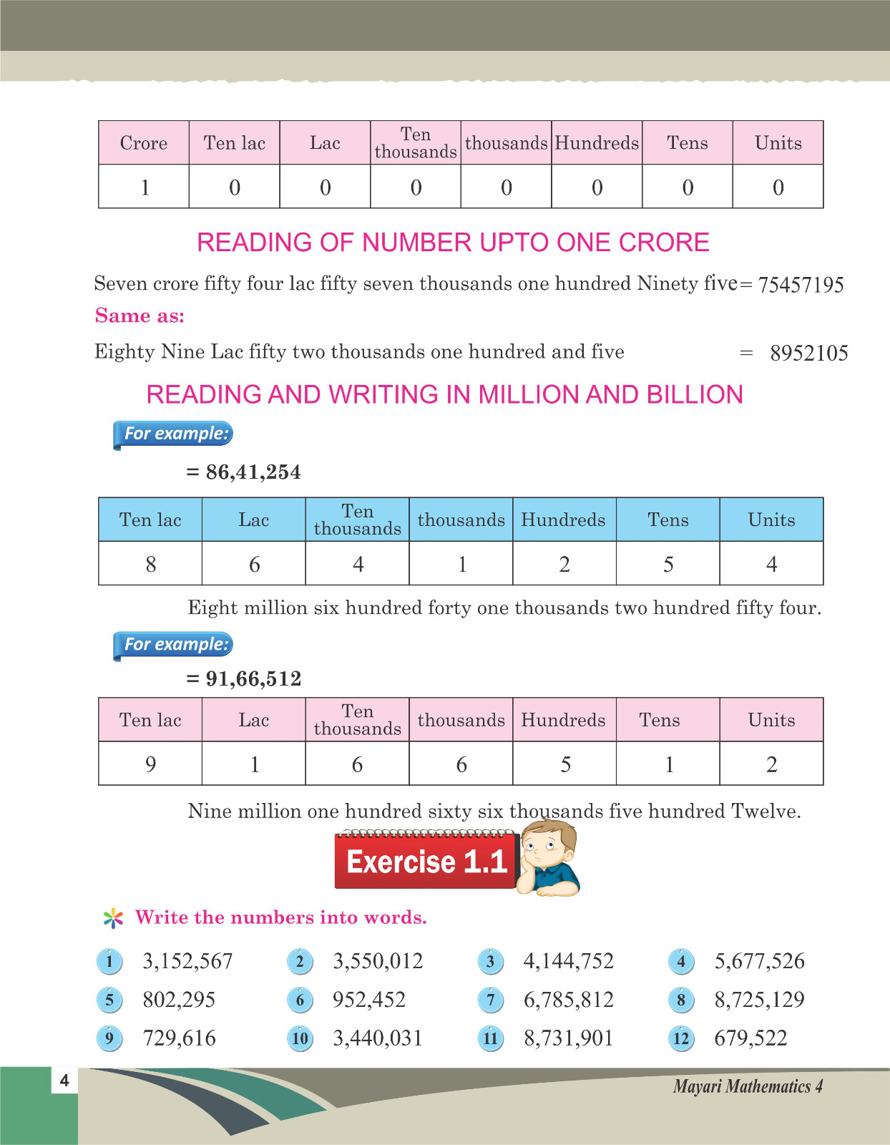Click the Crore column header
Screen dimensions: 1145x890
[144, 143]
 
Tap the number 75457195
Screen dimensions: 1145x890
[801, 285]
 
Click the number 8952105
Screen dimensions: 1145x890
[808, 353]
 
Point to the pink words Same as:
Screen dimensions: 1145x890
[140, 316]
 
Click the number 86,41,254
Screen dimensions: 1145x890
[253, 472]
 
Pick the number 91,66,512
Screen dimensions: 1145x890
[253, 678]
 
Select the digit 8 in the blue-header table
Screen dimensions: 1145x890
[150, 565]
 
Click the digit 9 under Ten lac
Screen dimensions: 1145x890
[150, 764]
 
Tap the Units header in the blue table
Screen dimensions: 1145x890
[771, 520]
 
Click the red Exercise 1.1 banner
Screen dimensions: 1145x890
[426, 862]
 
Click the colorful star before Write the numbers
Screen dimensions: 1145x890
[113, 918]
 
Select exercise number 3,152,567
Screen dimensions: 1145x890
[187, 961]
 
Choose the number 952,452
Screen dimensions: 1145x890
[369, 1000]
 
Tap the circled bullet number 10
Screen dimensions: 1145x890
[300, 1038]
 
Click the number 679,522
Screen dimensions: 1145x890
[750, 1038]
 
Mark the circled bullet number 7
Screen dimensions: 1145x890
[491, 1000]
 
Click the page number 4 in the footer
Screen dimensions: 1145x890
[64, 1080]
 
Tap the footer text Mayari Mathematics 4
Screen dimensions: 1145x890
[747, 1086]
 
